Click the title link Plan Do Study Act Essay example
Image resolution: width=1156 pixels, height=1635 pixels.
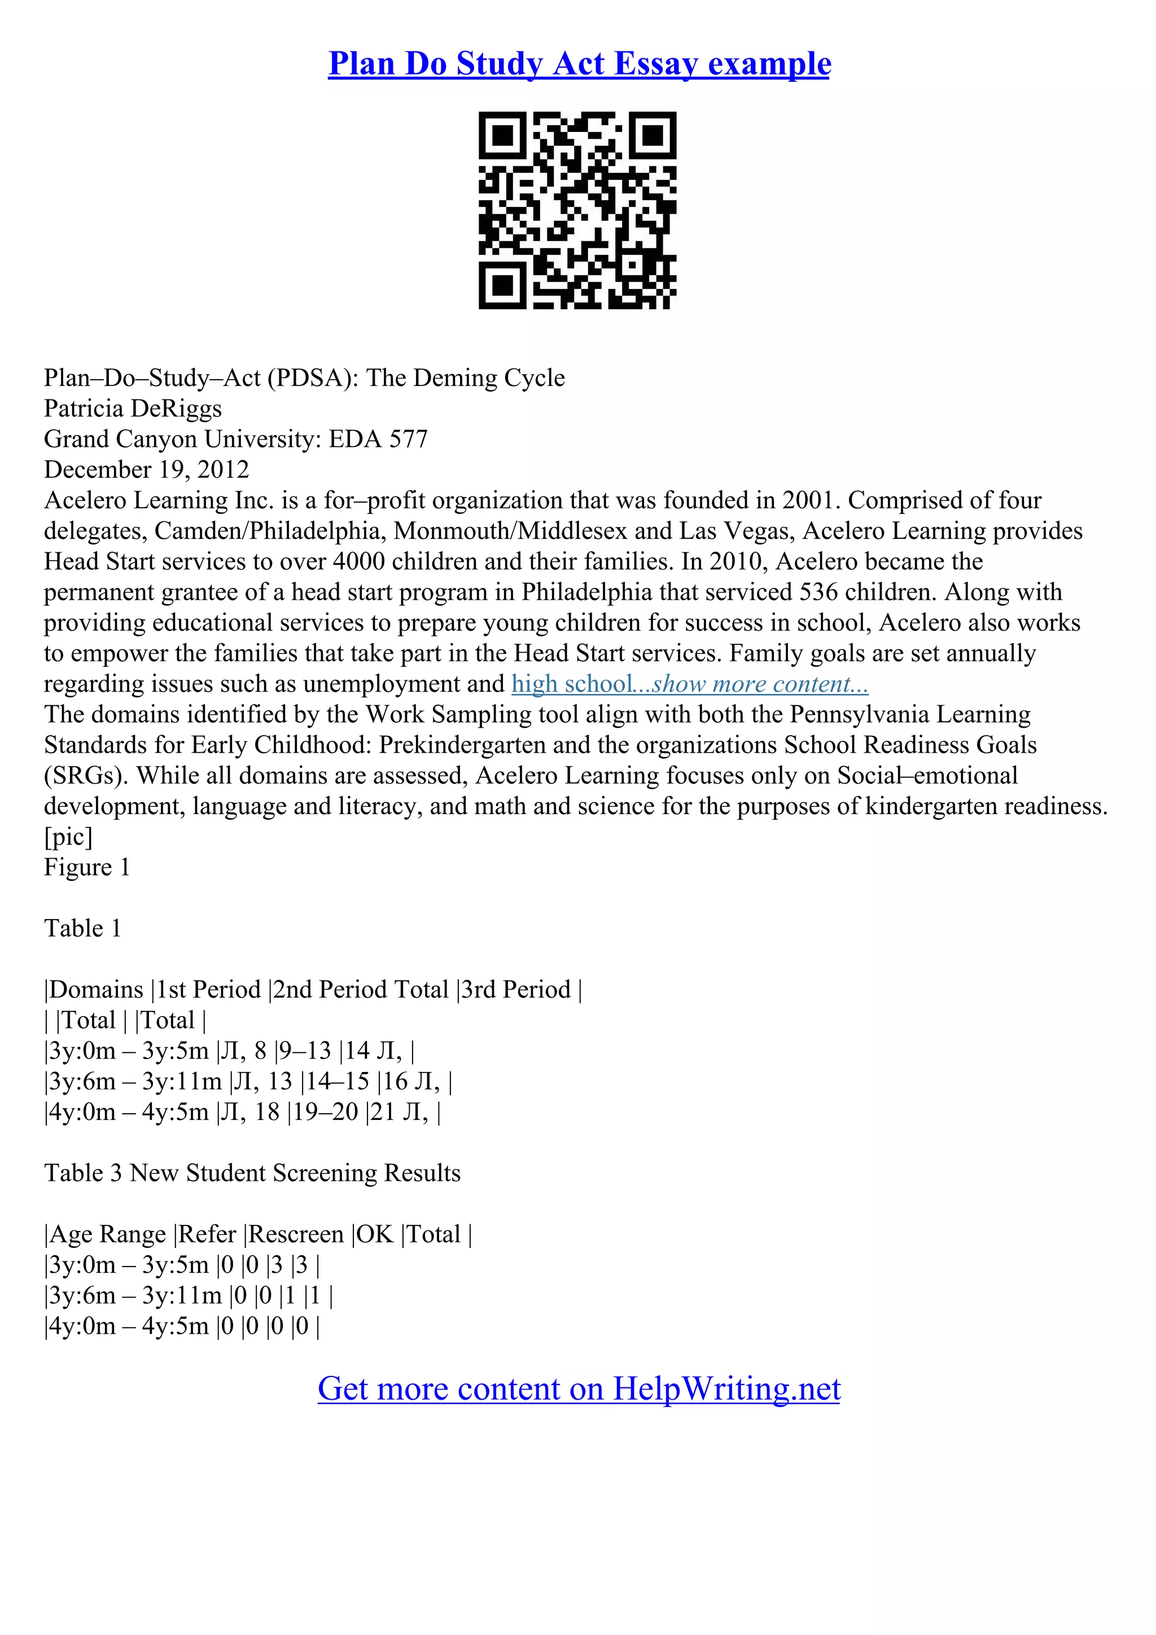[x=579, y=64]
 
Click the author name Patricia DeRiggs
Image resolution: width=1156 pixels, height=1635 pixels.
[x=133, y=408]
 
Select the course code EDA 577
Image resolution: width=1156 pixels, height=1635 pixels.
[x=378, y=439]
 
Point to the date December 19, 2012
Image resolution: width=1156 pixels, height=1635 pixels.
[x=147, y=470]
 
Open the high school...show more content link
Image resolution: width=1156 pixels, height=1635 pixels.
[x=689, y=684]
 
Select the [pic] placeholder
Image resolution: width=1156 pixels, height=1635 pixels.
[x=68, y=837]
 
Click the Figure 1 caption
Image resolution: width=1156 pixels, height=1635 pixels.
[x=87, y=867]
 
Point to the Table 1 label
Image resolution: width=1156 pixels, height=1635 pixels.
[x=82, y=929]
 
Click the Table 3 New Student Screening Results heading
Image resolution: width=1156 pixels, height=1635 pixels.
[x=252, y=1173]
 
